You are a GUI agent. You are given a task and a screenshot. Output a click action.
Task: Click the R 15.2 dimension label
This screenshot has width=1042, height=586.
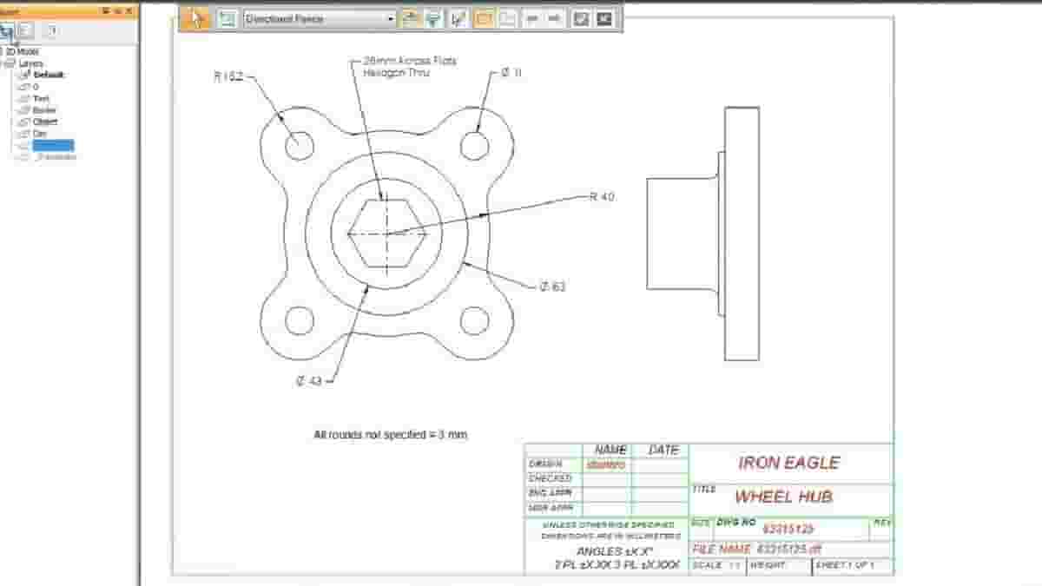(228, 76)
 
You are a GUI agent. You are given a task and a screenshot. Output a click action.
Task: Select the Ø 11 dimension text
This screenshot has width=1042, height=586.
(511, 74)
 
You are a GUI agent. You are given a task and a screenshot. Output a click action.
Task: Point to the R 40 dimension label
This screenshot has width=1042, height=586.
(602, 197)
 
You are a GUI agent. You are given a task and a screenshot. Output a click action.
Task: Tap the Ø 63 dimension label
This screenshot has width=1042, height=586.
(552, 286)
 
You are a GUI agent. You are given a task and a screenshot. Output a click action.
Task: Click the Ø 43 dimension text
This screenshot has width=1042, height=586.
(309, 380)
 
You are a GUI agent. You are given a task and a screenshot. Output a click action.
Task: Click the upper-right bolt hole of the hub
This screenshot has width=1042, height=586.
(474, 145)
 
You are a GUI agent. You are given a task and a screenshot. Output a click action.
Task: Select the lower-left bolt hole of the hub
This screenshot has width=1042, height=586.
(299, 320)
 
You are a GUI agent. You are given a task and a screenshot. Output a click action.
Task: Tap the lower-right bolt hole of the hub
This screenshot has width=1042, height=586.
(474, 320)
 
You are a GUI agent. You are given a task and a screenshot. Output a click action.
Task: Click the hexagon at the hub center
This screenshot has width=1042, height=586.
(387, 233)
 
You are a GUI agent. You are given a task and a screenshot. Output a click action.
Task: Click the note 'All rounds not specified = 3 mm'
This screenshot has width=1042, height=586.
(390, 434)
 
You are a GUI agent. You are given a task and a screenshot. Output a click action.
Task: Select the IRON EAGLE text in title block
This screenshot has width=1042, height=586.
(788, 463)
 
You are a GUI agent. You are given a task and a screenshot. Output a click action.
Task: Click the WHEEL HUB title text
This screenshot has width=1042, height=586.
(783, 497)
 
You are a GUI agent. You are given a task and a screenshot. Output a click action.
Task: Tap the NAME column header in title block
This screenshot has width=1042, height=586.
(610, 450)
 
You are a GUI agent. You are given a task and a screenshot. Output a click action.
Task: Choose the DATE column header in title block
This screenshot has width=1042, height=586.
(663, 450)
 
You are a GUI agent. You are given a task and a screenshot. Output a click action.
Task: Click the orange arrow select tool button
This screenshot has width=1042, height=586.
(197, 18)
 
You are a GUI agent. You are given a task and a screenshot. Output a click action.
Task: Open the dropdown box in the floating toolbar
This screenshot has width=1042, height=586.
(320, 18)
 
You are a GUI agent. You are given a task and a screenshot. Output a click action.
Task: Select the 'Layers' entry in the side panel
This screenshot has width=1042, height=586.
(30, 63)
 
